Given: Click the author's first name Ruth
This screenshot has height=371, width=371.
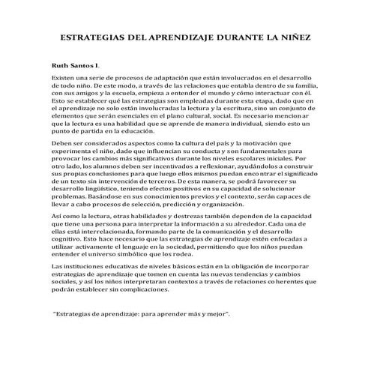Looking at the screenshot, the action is tap(61, 65).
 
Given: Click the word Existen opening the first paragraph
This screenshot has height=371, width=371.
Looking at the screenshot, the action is tap(63, 78).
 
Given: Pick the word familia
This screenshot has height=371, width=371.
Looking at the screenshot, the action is tap(298, 86).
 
